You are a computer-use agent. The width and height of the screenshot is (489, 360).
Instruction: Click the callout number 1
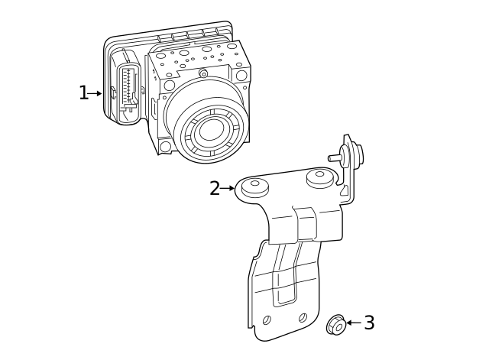point(83,93)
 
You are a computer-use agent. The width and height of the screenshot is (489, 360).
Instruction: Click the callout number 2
point(215,188)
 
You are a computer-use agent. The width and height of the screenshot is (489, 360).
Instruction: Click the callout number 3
point(369,323)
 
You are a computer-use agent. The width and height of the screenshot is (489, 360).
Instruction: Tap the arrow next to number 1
point(95,93)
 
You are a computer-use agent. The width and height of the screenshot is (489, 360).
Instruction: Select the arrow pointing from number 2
point(227,188)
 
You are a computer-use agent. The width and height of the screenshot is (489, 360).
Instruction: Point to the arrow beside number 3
point(353,323)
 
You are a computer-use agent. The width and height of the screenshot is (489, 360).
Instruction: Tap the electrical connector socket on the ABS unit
point(128,84)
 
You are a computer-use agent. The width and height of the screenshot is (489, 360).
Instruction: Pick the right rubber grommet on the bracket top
point(319,178)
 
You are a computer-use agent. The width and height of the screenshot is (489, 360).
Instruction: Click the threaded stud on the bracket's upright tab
point(335,157)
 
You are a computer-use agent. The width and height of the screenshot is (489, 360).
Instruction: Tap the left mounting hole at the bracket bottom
point(267,320)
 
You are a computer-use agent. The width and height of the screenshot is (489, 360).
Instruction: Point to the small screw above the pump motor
point(203,73)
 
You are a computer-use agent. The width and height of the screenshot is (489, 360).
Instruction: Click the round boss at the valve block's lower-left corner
point(165,146)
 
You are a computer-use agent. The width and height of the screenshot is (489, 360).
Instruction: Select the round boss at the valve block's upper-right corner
point(241,76)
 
